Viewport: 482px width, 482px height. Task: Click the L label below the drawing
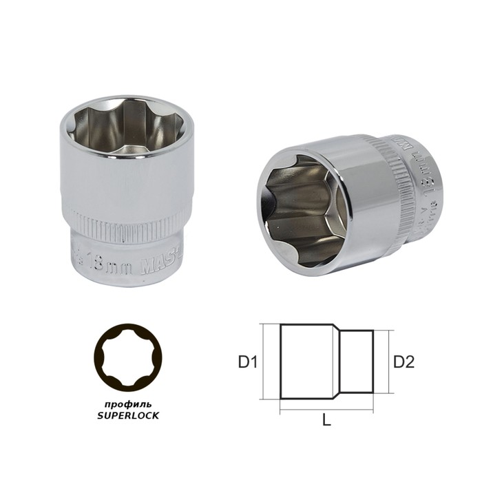(326, 421)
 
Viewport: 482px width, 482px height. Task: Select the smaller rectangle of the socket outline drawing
(358, 361)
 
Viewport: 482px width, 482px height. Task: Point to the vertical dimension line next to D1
(265, 361)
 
